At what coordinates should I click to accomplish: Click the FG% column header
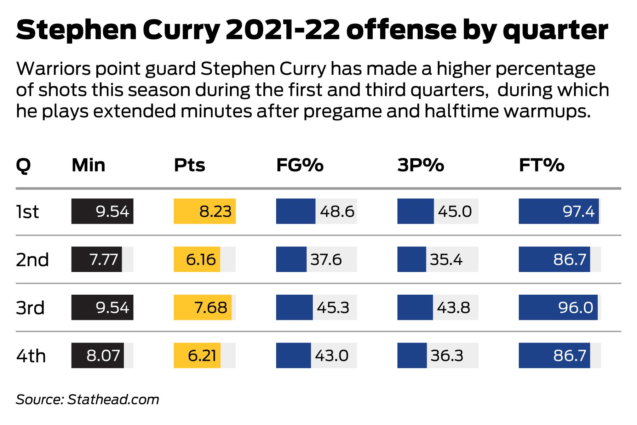pos(300,165)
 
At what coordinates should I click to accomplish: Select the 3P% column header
pos(420,165)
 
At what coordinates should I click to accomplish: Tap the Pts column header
pos(189,165)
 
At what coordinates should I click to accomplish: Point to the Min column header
pos(88,165)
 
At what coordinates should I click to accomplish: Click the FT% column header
pos(541,165)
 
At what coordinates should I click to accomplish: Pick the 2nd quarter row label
pos(32,260)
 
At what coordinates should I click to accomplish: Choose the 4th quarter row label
pos(31,356)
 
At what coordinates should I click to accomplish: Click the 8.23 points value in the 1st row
pos(215,212)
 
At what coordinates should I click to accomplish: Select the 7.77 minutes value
pos(103,260)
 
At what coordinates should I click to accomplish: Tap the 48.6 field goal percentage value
pos(337,212)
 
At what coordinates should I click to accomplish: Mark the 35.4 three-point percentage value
pos(446,260)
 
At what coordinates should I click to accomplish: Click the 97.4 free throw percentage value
pos(579,212)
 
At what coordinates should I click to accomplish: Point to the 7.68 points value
pos(211,307)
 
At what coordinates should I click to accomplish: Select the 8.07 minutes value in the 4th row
pos(103,356)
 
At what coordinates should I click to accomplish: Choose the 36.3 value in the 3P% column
pos(447,356)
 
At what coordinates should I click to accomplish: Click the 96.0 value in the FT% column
pos(576,307)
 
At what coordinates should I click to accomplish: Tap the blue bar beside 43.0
pos(293,356)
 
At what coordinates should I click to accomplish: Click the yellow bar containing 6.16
pos(197,260)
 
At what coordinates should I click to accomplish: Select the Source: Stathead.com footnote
pos(87,399)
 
